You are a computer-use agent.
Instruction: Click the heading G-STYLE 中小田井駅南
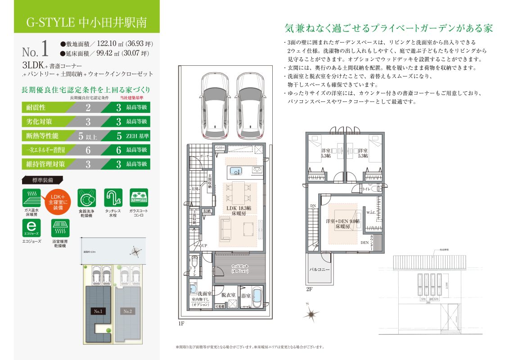coord(86,22)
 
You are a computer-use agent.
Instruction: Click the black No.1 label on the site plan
coord(98,311)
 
